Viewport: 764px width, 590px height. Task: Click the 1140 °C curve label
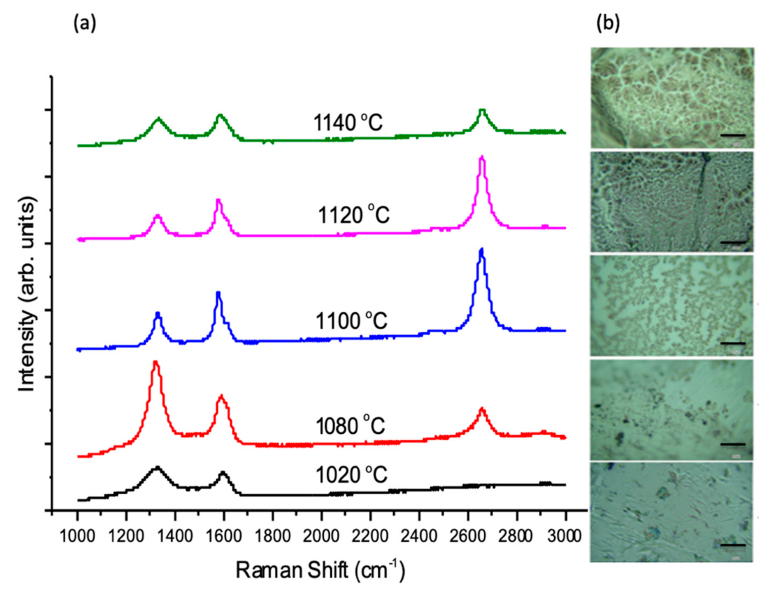[348, 123]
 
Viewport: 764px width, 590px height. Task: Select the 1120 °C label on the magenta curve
[353, 215]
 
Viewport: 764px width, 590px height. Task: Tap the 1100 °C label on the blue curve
[351, 321]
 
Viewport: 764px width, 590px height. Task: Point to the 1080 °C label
[350, 426]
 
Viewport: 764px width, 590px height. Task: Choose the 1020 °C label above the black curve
[351, 475]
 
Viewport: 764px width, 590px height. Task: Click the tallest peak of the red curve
[155, 362]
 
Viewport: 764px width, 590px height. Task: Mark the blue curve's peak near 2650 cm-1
[481, 249]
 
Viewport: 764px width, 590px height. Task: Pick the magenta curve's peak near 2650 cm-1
[482, 157]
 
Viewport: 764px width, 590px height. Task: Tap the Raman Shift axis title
[320, 570]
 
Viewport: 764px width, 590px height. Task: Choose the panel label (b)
[608, 23]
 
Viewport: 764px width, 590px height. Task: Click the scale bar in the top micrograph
[732, 135]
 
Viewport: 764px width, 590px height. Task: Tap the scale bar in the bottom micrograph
[732, 545]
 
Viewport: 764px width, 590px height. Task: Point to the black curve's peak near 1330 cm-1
[157, 466]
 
